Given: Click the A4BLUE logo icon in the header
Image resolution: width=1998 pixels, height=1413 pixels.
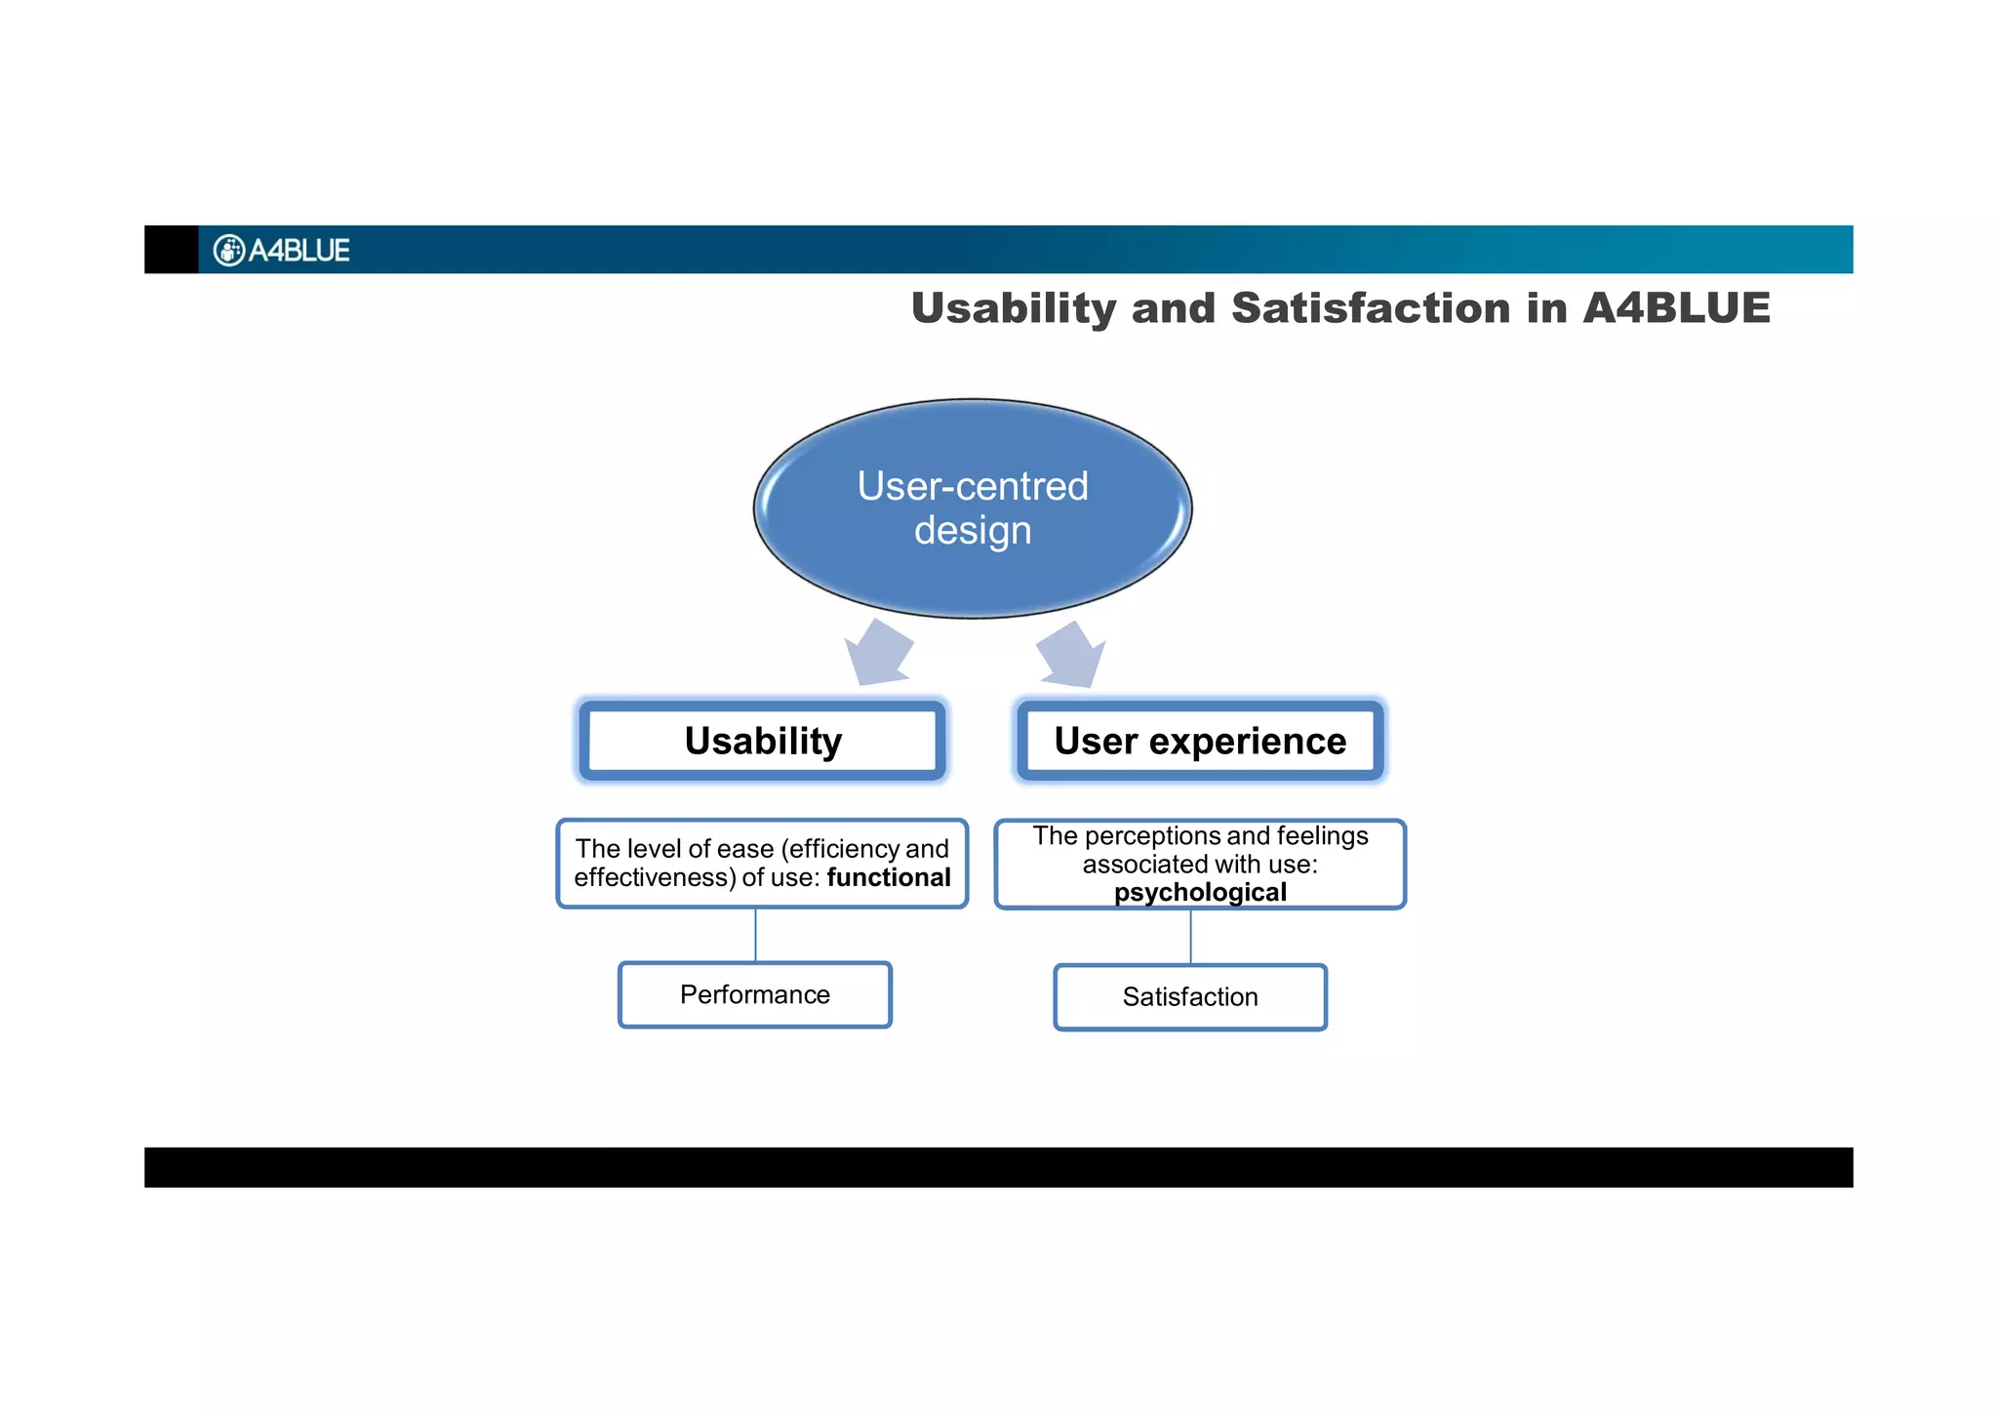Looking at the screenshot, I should click(228, 251).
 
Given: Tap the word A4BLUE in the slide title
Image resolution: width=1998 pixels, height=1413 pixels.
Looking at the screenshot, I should click(1675, 308).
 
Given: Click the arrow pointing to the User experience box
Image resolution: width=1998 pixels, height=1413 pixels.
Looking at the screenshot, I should click(1071, 654).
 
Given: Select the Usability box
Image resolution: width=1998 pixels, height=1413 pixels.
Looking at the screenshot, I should click(763, 741).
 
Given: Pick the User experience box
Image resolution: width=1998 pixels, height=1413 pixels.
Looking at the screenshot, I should click(1200, 741).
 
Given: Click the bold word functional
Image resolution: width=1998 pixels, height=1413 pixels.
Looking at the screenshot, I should click(889, 877).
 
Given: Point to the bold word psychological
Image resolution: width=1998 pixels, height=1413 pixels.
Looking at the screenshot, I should click(1200, 892).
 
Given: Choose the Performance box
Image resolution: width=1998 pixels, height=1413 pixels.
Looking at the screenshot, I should click(755, 994).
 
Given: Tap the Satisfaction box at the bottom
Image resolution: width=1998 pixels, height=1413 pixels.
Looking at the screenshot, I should click(1190, 996).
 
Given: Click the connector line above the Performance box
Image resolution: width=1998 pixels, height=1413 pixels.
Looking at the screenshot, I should click(756, 935).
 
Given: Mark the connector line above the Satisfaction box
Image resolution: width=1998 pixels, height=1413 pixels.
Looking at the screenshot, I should click(1190, 937).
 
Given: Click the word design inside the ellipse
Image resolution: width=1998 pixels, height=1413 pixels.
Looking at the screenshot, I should click(973, 531).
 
